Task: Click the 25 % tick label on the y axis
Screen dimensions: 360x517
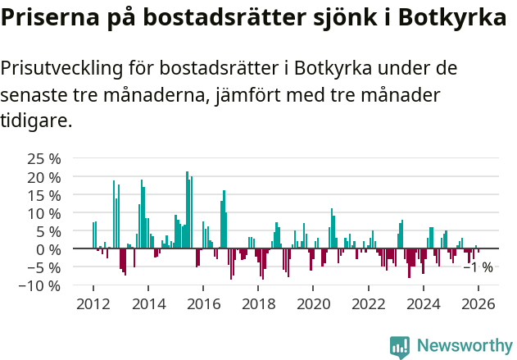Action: [43, 158]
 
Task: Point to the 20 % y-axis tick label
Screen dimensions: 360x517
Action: [43, 176]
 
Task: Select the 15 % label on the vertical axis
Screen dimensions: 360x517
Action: [43, 194]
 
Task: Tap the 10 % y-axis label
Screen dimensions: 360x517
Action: [43, 212]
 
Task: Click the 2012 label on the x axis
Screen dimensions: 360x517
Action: [93, 304]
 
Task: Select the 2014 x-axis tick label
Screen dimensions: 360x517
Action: [148, 304]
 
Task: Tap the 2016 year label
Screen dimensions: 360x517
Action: [203, 304]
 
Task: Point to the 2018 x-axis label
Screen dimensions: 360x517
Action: [258, 304]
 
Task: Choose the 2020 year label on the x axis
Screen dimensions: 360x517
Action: [313, 304]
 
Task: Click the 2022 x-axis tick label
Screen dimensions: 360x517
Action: [368, 304]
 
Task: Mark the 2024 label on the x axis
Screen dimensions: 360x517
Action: [424, 304]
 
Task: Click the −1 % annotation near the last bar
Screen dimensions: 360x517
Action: [478, 267]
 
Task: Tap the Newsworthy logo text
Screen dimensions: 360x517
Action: [464, 346]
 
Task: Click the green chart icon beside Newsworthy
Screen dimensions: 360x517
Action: [400, 347]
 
